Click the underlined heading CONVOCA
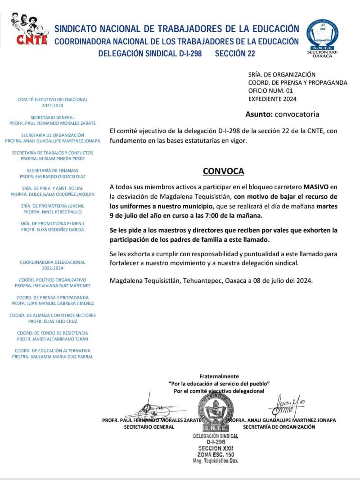click(223, 171)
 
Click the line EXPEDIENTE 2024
click(272, 99)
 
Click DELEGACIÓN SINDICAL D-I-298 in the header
click(150, 54)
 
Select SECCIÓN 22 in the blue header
click(235, 54)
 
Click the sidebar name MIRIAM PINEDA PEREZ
click(53, 158)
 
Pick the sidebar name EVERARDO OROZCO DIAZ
click(53, 177)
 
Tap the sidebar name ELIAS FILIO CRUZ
click(53, 322)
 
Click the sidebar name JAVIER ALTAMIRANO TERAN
click(53, 339)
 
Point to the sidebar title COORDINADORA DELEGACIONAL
click(53, 262)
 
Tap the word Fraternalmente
click(219, 376)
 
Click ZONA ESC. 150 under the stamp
click(216, 455)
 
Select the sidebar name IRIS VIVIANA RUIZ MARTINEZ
click(53, 286)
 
